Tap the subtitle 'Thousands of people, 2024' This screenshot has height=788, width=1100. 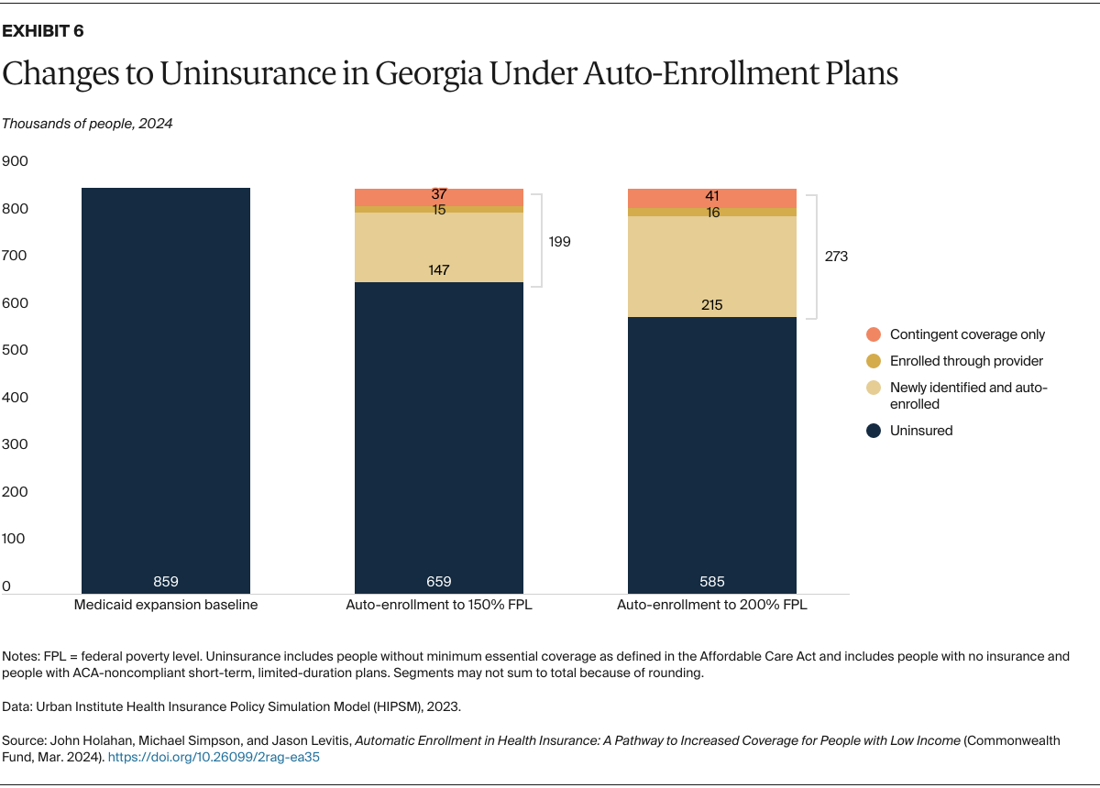click(87, 124)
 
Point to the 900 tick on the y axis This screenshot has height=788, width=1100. click(16, 161)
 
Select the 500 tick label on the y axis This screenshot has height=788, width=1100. click(16, 350)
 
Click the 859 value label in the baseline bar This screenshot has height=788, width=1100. click(165, 581)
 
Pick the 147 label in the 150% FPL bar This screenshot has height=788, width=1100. click(438, 269)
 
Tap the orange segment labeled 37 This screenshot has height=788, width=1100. click(438, 195)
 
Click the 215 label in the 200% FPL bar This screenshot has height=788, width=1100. click(711, 304)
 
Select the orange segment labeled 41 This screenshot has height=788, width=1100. click(711, 196)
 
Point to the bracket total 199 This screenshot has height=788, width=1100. click(559, 242)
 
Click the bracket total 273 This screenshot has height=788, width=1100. click(836, 257)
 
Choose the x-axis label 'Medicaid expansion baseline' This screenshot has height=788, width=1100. click(165, 606)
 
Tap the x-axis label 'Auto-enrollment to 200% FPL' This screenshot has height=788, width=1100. click(711, 606)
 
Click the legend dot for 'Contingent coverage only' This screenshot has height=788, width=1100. click(874, 334)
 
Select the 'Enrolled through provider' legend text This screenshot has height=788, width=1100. click(966, 361)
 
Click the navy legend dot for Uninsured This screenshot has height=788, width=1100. click(874, 431)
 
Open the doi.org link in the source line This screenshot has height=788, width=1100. click(214, 758)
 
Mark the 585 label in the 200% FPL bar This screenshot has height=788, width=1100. click(711, 581)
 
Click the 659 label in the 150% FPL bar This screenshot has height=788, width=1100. click(438, 581)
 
